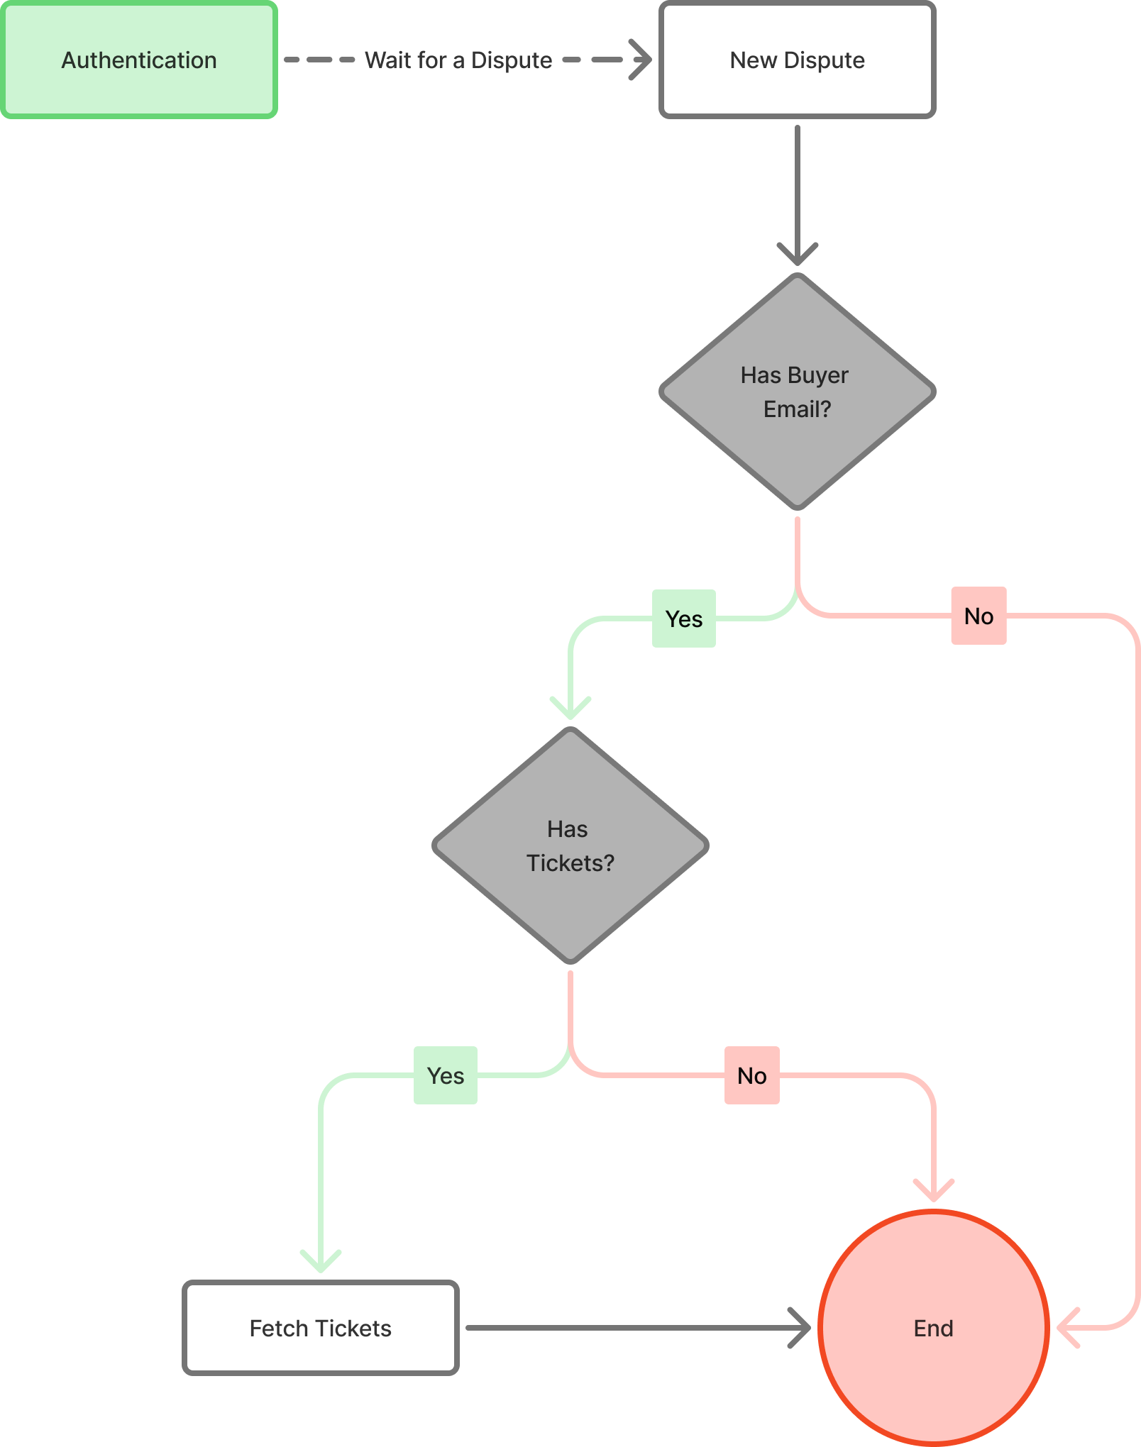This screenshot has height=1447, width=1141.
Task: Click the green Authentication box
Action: coord(139,60)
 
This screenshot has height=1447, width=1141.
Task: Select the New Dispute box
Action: coord(797,60)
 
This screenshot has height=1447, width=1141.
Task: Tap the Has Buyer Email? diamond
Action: coord(797,392)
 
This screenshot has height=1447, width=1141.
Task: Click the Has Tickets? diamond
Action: coord(570,846)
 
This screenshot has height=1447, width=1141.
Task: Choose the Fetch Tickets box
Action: coord(321,1328)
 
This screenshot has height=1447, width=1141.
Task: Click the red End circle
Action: coord(933,1328)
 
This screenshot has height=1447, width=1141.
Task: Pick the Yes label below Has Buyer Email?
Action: coord(684,619)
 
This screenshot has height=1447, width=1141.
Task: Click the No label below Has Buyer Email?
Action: coord(979,616)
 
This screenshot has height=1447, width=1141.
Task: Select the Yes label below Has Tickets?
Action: coord(446,1075)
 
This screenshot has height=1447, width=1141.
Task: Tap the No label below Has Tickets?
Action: coord(752,1075)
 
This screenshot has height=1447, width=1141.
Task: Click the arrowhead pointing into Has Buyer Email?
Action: coord(798,255)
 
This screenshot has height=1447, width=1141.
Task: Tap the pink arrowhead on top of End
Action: coord(933,1192)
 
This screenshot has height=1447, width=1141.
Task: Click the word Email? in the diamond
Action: coord(797,409)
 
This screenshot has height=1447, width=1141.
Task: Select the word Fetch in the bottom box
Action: coord(275,1328)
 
